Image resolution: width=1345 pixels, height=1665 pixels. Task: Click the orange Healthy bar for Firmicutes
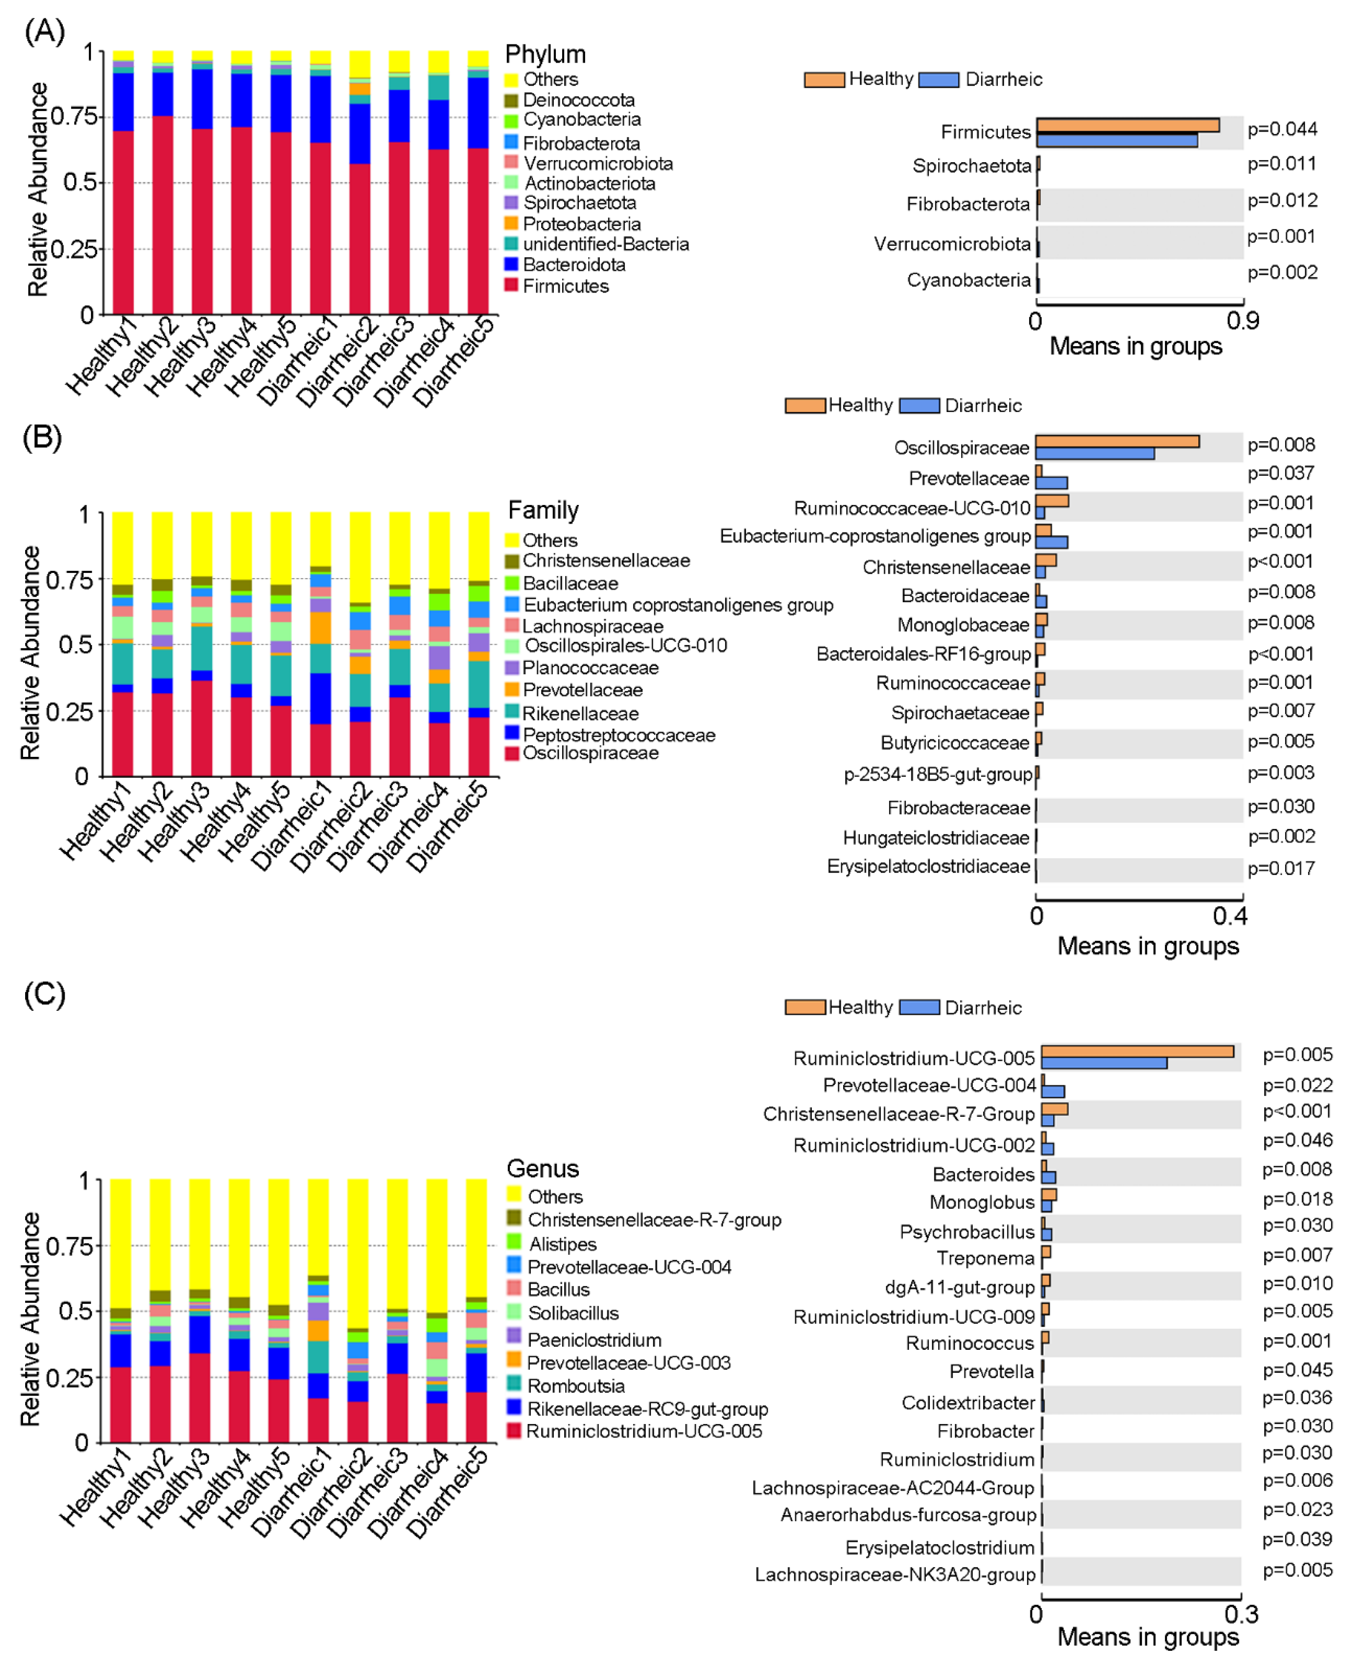click(1127, 125)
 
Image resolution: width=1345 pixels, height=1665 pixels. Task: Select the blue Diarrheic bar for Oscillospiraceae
click(1094, 453)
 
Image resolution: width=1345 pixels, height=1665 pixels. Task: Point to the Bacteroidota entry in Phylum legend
click(573, 264)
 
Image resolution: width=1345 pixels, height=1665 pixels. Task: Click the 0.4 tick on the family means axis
click(1230, 916)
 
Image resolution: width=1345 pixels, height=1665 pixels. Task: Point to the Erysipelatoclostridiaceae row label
click(928, 867)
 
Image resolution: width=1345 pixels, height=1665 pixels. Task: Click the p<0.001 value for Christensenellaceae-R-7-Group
click(1297, 1111)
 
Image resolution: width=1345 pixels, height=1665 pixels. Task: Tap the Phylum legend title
click(545, 54)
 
